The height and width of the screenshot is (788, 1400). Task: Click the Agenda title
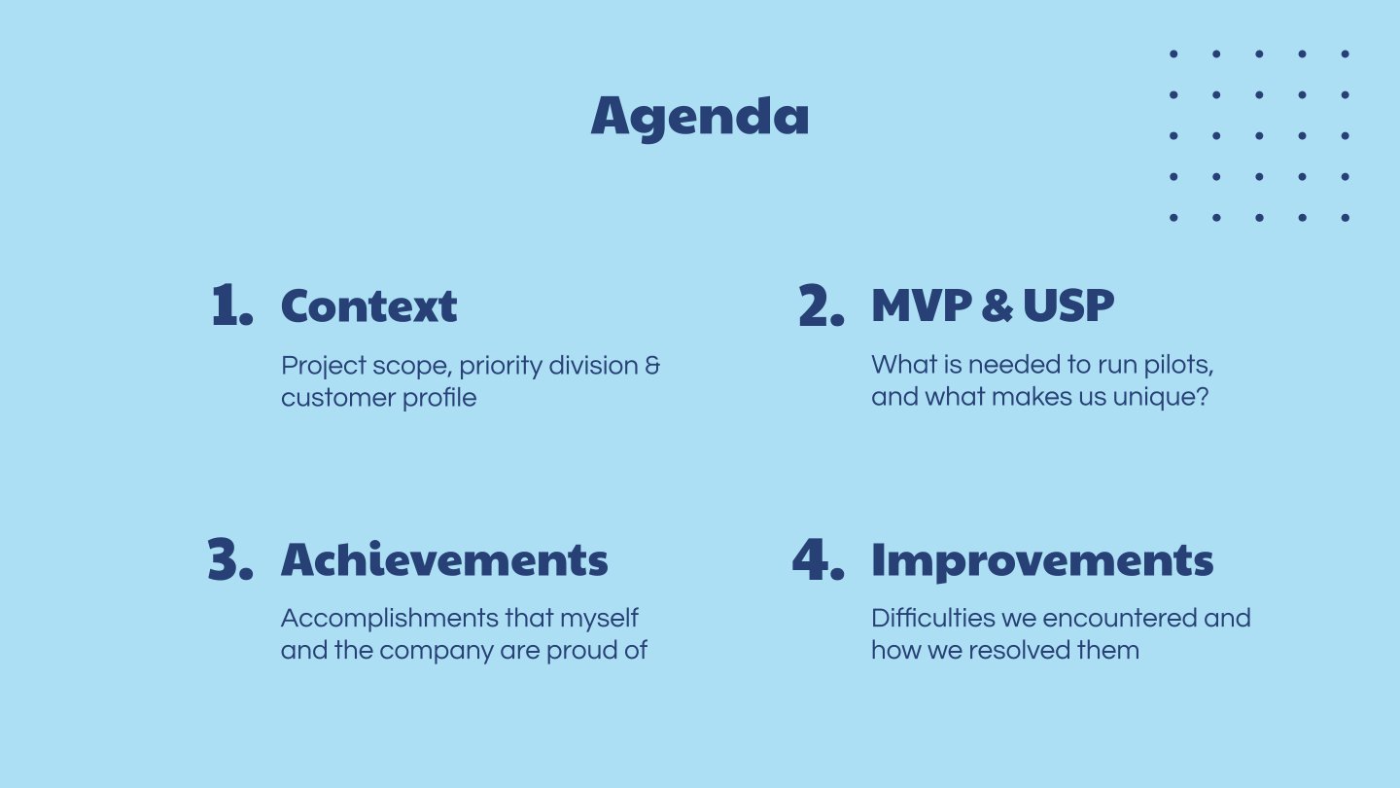pos(700,117)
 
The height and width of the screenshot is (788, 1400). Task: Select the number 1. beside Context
pos(232,304)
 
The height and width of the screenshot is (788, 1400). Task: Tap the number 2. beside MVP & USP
pos(822,305)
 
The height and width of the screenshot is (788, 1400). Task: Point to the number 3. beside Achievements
pos(230,558)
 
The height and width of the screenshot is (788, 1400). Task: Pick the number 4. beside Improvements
pos(819,558)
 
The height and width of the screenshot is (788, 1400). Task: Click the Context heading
pos(368,305)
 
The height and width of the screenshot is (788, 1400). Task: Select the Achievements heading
pos(444,558)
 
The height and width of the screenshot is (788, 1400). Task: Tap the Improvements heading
pos(1042,561)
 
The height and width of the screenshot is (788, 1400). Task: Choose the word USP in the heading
pos(1068,305)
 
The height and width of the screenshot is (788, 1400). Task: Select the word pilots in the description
pos(1178,366)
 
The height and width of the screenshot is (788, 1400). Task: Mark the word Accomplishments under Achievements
pos(390,619)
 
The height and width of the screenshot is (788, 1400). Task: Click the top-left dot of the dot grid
pos(1173,54)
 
